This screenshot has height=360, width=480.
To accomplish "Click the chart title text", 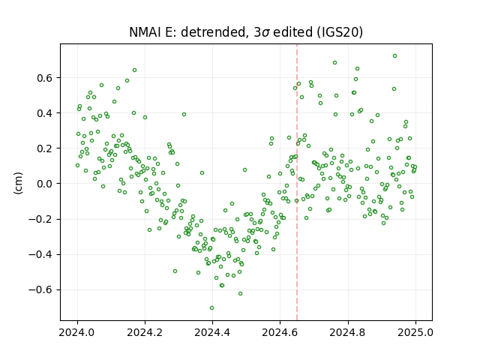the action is (x=246, y=32).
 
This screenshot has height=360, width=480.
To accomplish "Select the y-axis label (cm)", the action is (x=19, y=183).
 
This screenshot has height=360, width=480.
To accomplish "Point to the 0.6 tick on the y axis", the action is (x=45, y=78).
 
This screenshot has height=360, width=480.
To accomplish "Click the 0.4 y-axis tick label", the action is (x=45, y=113).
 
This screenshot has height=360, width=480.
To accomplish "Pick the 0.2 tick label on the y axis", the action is (x=45, y=148).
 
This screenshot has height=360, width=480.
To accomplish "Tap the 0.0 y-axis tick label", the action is (x=45, y=184).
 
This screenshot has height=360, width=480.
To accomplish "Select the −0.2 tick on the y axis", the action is (x=41, y=219).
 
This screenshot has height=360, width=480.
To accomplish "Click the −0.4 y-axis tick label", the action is (x=41, y=254).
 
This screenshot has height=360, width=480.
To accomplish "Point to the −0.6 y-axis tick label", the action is (x=41, y=289).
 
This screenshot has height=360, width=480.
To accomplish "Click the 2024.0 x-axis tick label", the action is (x=77, y=332).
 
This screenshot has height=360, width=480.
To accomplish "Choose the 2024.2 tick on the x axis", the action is (x=145, y=332).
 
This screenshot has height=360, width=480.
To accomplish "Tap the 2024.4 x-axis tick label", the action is (x=212, y=332).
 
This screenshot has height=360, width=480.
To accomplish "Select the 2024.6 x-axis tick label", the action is (x=280, y=332).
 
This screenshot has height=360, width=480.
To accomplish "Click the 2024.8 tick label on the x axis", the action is (x=348, y=332).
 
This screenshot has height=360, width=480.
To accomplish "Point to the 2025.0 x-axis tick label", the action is (x=415, y=332).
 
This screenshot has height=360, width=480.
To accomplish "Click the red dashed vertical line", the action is (x=297, y=182).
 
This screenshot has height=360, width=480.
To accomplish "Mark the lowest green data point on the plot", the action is (x=211, y=308).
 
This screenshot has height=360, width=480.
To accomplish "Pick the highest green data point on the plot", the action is (x=395, y=56).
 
